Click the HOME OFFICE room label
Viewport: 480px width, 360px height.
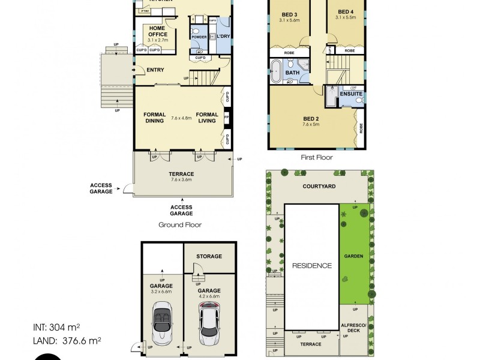157,31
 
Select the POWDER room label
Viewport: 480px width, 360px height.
199,37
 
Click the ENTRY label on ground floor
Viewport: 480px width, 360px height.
155,70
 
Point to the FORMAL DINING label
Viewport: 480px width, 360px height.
154,118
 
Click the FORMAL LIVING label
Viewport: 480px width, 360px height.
207,118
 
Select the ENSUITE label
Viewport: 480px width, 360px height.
351,94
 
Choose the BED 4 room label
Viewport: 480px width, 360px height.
346,12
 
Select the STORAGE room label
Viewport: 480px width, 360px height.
209,256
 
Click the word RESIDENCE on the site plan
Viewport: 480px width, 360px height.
311,265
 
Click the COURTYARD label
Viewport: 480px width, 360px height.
319,187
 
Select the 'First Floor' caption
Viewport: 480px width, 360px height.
317,157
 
